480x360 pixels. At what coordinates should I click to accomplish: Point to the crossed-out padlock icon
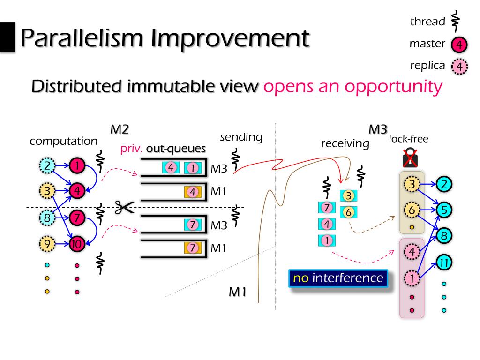pyautogui.click(x=410, y=158)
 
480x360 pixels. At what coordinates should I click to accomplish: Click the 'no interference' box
pyautogui.click(x=338, y=277)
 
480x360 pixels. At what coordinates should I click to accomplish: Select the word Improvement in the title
pyautogui.click(x=230, y=38)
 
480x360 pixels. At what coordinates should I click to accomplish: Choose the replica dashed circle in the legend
pyautogui.click(x=459, y=67)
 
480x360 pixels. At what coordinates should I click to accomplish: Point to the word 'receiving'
pyautogui.click(x=345, y=143)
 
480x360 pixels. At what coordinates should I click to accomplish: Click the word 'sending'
pyautogui.click(x=240, y=137)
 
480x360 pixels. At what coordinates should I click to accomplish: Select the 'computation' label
pyautogui.click(x=64, y=141)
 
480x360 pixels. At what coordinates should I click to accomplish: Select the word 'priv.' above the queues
pyautogui.click(x=132, y=149)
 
